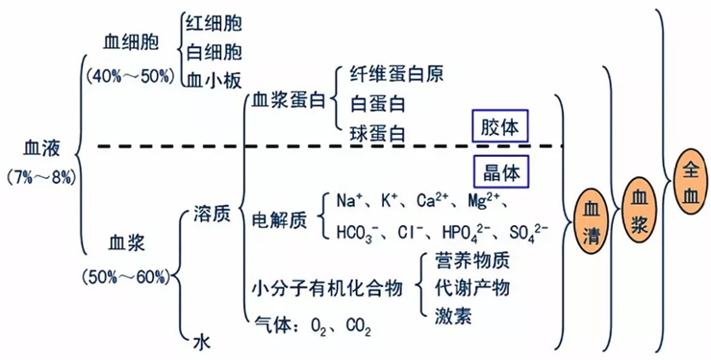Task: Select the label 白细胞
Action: pyautogui.click(x=213, y=50)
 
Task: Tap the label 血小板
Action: pyautogui.click(x=213, y=79)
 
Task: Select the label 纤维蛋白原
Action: pyautogui.click(x=395, y=73)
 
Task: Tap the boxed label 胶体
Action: pyautogui.click(x=500, y=126)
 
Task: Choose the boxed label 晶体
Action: pyautogui.click(x=500, y=171)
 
